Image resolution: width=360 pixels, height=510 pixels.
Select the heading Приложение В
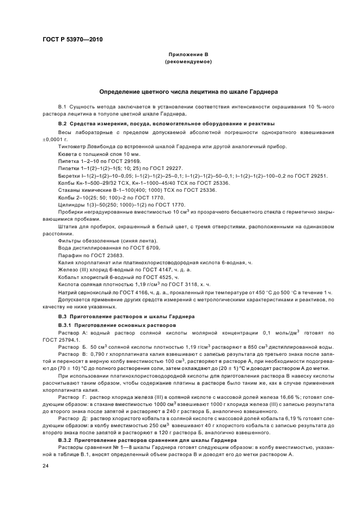click(187, 56)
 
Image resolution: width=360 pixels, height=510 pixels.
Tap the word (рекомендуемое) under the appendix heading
click(187, 62)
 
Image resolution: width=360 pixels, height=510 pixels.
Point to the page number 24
click(46, 466)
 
